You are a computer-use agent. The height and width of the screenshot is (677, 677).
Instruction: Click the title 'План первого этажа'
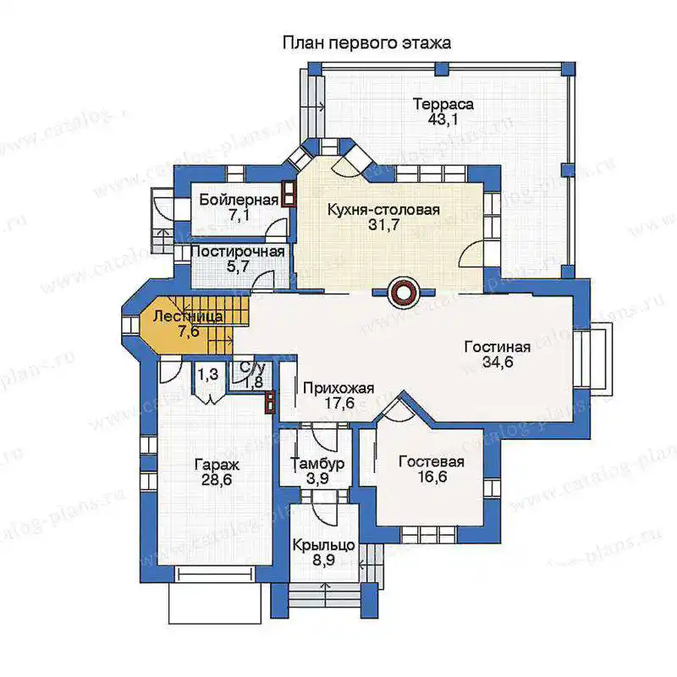coord(366,44)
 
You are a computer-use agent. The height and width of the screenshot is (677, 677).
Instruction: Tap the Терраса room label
coord(443,104)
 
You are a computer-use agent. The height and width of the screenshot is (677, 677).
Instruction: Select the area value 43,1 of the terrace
coord(443,119)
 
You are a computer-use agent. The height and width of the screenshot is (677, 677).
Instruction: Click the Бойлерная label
coord(239,200)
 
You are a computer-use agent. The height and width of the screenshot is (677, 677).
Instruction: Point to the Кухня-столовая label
coord(383,210)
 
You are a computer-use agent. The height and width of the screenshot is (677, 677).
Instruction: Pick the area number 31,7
coord(383,225)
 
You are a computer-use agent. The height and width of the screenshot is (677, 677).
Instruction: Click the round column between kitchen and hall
coord(404,293)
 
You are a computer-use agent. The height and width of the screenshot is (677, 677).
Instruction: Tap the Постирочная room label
coord(238,251)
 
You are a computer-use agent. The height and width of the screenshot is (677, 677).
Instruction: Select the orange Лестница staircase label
coord(188,316)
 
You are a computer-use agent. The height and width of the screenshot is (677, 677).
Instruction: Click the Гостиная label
coord(498,347)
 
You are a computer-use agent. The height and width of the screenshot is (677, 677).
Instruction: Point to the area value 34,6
coord(498,362)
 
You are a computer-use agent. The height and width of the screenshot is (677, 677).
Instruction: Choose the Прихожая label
coord(338,388)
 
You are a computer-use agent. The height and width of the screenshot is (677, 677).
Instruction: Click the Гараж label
coord(217,465)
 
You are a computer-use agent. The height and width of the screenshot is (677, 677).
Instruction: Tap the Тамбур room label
coord(318,464)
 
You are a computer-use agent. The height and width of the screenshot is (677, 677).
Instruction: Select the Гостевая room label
coord(432,461)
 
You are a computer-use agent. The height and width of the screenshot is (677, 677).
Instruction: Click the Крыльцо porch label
coord(324,545)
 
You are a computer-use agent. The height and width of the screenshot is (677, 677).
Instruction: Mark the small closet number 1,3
coord(208,374)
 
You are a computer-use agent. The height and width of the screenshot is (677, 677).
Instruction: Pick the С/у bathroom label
coord(252,368)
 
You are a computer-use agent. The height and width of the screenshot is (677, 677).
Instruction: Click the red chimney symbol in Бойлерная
coord(289,194)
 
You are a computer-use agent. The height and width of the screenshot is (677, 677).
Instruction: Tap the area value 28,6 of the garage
coord(217,479)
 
